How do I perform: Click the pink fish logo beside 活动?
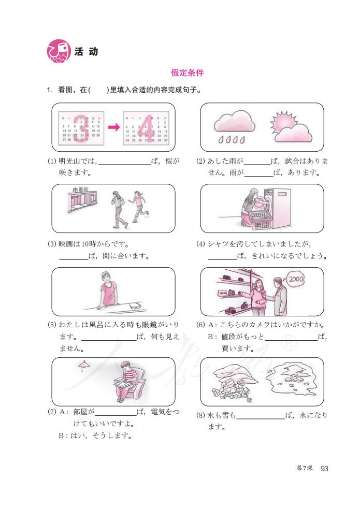[59, 52]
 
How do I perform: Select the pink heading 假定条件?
[187, 74]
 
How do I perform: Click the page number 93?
[325, 469]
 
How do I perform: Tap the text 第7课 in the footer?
[304, 469]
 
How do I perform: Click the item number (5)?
[52, 325]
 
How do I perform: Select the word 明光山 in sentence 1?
[70, 161]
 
